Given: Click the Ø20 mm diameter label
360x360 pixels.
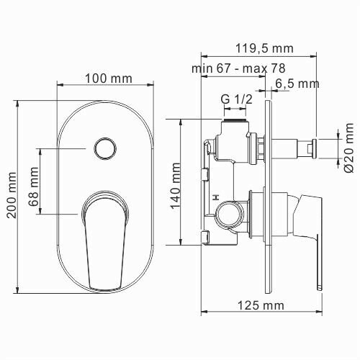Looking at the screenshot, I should pos(348,148).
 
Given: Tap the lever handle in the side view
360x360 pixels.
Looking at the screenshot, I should pos(307,230).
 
